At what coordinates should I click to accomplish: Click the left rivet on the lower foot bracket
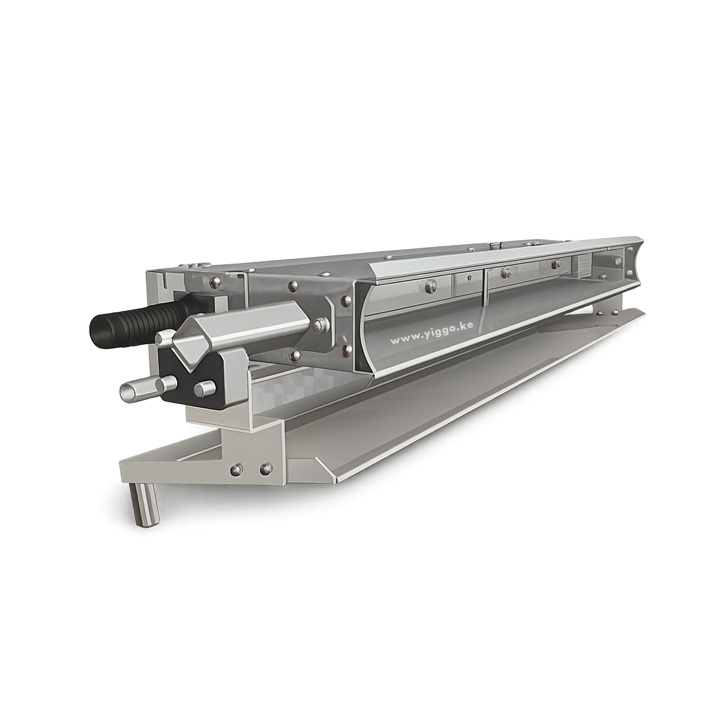point(235,469)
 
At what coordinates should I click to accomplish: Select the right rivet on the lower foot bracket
point(264,469)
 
